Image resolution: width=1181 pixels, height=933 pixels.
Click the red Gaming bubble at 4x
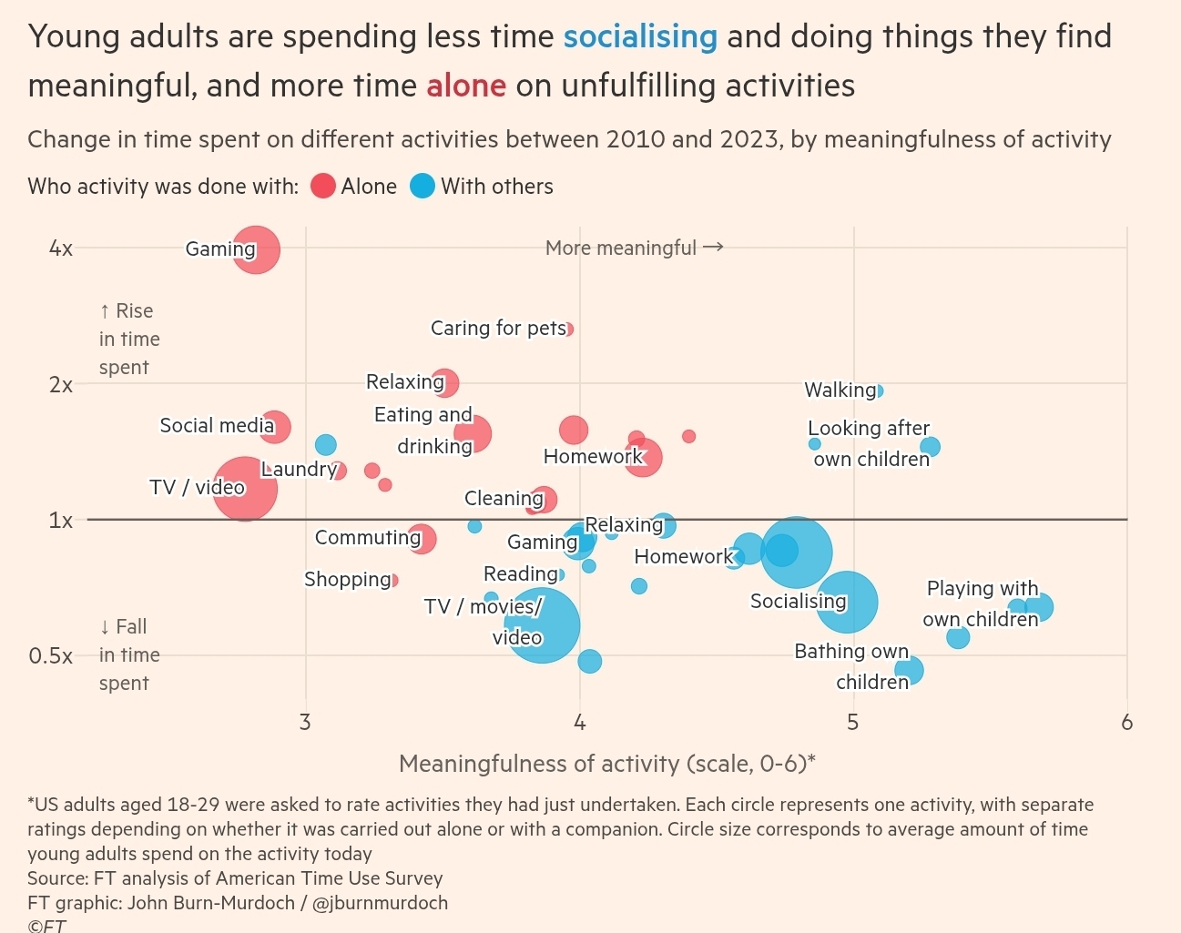(256, 248)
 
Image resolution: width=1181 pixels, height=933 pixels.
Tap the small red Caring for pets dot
(568, 329)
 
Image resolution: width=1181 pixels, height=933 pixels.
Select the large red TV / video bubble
(245, 489)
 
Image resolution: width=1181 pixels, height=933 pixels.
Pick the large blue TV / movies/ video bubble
(543, 625)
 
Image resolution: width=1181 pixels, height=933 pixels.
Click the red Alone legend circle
(323, 187)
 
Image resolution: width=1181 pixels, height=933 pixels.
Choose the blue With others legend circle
(423, 187)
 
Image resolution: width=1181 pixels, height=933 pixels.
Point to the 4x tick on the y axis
(61, 248)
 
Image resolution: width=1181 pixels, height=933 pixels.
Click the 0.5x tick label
(51, 655)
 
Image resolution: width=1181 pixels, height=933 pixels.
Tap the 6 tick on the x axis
(1127, 723)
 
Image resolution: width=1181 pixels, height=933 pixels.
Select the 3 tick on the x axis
(305, 723)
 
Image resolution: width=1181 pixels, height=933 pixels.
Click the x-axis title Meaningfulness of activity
(606, 763)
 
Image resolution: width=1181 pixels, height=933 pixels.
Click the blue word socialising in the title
(640, 36)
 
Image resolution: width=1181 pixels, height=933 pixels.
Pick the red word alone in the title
(466, 86)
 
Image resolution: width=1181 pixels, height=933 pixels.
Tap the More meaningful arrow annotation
(634, 248)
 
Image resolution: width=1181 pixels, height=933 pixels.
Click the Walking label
(840, 390)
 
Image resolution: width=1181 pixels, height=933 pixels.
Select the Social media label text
(217, 425)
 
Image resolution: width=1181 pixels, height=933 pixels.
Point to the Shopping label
(347, 580)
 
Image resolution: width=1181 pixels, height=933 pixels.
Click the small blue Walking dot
(878, 390)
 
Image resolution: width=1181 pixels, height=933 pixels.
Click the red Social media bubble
(275, 425)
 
